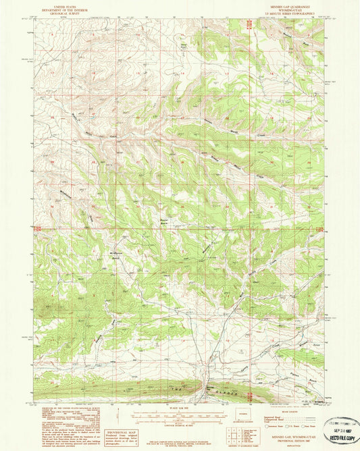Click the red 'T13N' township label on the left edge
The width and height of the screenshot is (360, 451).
tap(39, 229)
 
